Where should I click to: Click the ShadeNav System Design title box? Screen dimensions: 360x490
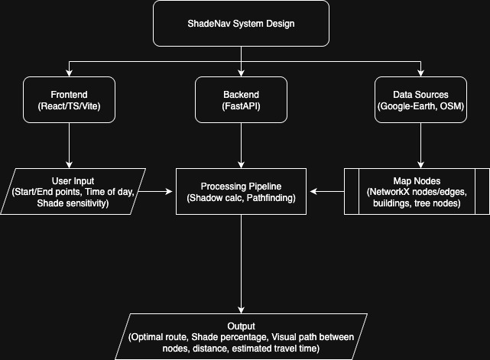pos(241,23)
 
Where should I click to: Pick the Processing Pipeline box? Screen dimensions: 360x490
pos(241,192)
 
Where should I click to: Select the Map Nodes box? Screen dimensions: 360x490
pos(416,192)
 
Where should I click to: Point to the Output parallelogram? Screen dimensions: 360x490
pos(241,336)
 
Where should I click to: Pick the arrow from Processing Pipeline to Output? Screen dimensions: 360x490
pos(241,264)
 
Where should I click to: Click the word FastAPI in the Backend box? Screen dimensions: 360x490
pos(242,108)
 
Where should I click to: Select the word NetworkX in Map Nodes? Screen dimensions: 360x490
pos(393,192)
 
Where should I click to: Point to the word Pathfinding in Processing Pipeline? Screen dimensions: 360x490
pos(267,199)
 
